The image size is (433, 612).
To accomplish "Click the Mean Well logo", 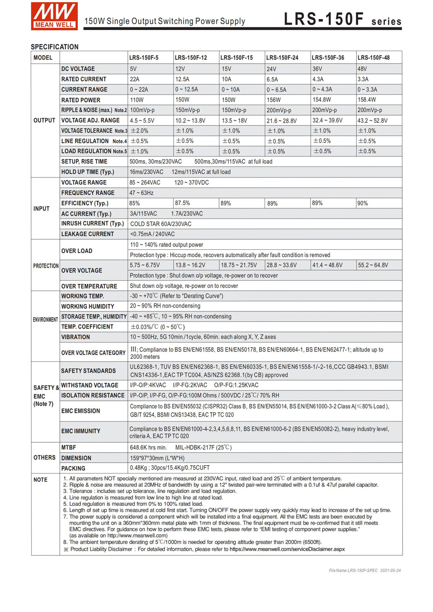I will [x=54, y=16].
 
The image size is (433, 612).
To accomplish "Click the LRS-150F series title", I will [x=343, y=19].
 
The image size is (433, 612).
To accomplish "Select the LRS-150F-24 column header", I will [x=282, y=58].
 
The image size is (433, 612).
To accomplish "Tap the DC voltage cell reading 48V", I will [x=362, y=69].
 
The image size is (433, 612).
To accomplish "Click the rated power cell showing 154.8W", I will [x=322, y=100].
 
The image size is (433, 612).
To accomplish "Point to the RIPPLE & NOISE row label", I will [x=94, y=110].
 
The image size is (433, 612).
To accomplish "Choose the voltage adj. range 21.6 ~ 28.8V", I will [x=281, y=121].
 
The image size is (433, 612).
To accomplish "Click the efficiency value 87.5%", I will [x=182, y=203].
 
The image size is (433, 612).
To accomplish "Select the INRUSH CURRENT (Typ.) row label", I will [x=93, y=224].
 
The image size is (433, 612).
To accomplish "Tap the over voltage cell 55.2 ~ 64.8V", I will [x=373, y=265].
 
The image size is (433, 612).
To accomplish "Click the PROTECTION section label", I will [x=46, y=266].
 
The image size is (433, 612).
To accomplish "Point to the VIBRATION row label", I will [x=76, y=337].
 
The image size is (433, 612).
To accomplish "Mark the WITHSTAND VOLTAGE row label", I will [x=90, y=385].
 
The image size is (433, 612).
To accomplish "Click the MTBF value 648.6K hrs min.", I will [x=148, y=448].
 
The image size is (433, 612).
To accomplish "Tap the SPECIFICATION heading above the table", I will [x=55, y=47].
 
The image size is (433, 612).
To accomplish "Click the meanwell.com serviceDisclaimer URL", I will [x=287, y=549].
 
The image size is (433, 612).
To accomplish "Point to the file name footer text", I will [x=365, y=570].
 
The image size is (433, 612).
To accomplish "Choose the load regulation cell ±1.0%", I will [x=140, y=151].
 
